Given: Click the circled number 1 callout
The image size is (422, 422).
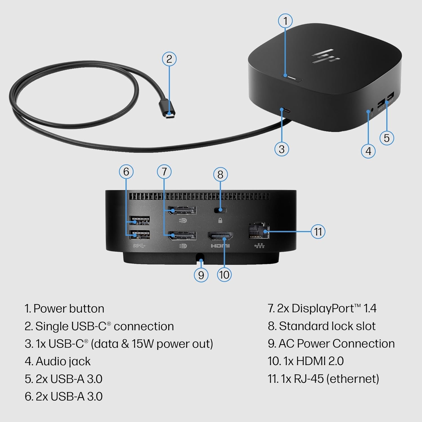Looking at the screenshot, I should pos(286,21).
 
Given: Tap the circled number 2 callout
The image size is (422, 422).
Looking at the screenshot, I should pos(169,59).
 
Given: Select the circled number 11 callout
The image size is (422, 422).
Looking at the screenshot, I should pos(318,232).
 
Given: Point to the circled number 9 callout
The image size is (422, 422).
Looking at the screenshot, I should pos(201,275).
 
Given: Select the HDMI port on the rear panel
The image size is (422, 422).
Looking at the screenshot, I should pos(220,236).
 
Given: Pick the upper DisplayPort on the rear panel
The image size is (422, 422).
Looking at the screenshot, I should pos(182,210).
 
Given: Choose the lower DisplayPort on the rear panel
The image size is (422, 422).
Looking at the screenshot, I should pos(182,236).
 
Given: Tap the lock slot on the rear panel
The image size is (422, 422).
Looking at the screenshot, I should pos(220,210).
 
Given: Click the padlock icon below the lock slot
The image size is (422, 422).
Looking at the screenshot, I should pos(220,221).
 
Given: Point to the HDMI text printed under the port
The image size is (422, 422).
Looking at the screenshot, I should pos(220,246).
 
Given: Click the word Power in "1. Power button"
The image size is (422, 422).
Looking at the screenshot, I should pos(50,309).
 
